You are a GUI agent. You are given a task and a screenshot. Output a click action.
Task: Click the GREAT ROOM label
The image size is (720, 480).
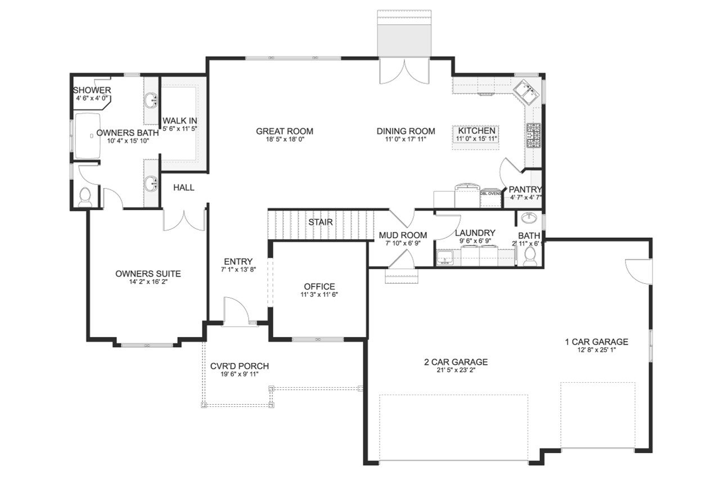pyautogui.click(x=284, y=132)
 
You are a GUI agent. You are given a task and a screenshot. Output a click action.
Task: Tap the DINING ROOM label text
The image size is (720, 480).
pyautogui.click(x=406, y=132)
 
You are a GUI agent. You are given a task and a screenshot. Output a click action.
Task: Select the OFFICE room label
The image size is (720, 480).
pyautogui.click(x=319, y=287)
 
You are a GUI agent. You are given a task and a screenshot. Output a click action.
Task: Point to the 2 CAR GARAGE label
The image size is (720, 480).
pyautogui.click(x=456, y=362)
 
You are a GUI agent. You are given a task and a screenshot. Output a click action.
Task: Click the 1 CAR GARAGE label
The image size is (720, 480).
pyautogui.click(x=596, y=342)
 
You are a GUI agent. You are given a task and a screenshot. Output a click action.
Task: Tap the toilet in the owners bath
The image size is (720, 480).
pyautogui.click(x=85, y=196)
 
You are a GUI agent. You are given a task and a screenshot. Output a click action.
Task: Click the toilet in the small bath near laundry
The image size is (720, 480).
pyautogui.click(x=530, y=256)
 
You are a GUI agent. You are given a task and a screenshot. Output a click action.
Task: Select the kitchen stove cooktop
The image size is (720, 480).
pyautogui.click(x=533, y=135)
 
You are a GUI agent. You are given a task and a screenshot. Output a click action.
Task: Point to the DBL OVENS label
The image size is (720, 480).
pyautogui.click(x=490, y=193)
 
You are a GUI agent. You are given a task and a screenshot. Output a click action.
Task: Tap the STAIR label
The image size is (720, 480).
pyautogui.click(x=320, y=222)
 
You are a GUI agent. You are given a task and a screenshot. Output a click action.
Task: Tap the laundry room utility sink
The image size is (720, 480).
pyautogui.click(x=447, y=258)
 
